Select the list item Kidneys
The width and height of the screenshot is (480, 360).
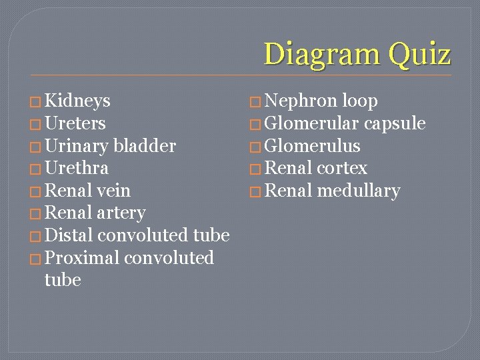click(x=77, y=101)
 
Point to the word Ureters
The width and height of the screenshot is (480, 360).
click(x=75, y=123)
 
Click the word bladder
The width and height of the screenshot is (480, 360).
click(x=145, y=146)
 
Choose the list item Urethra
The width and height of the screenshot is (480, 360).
click(x=76, y=168)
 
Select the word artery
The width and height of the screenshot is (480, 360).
click(x=121, y=213)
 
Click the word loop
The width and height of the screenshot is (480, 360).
click(x=360, y=101)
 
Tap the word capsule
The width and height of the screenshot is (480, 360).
click(x=395, y=123)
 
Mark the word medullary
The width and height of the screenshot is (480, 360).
click(x=359, y=191)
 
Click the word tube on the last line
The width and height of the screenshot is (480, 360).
click(x=63, y=280)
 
